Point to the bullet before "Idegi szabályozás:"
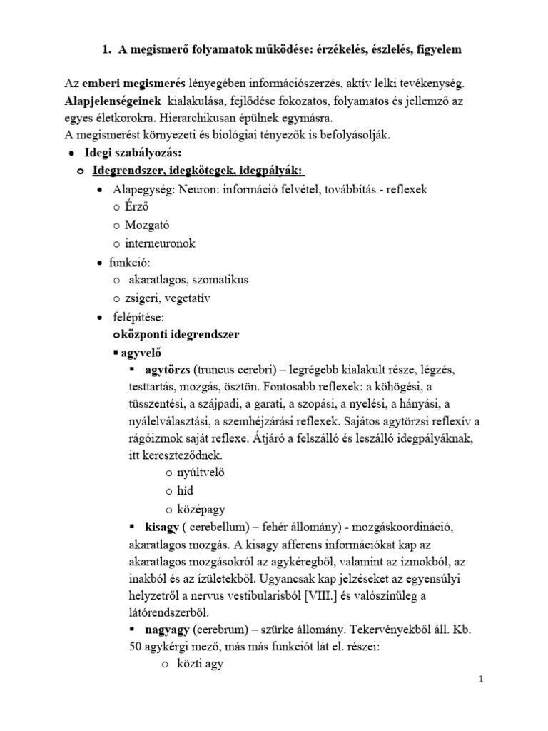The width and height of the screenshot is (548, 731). [x=71, y=153]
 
